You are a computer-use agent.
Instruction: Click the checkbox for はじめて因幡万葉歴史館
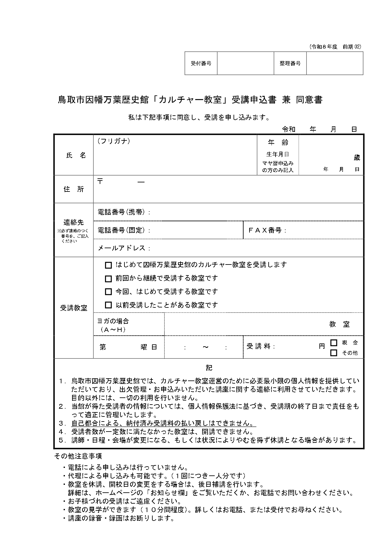click(x=108, y=265)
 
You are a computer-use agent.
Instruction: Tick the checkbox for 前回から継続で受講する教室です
click(x=108, y=279)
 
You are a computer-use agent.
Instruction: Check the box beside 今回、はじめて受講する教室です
click(x=108, y=292)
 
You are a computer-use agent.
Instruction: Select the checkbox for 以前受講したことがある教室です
click(x=108, y=305)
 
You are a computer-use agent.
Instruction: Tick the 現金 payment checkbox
click(x=334, y=343)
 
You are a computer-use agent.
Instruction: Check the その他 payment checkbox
click(x=334, y=353)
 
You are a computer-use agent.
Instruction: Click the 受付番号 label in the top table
click(x=201, y=63)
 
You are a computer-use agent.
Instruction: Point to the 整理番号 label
click(x=290, y=63)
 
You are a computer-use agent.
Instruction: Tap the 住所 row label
click(x=74, y=189)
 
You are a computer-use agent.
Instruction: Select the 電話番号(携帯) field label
click(x=124, y=212)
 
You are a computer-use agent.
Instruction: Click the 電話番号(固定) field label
click(x=124, y=230)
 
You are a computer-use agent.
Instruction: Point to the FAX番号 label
click(x=267, y=230)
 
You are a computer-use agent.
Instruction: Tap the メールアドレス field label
click(x=124, y=248)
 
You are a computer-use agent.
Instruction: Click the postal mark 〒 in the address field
click(x=100, y=181)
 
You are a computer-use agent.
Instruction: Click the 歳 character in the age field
click(x=357, y=158)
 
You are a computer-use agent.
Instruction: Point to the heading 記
click(x=209, y=368)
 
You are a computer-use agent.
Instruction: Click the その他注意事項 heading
click(x=78, y=456)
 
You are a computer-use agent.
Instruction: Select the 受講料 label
click(x=260, y=346)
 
